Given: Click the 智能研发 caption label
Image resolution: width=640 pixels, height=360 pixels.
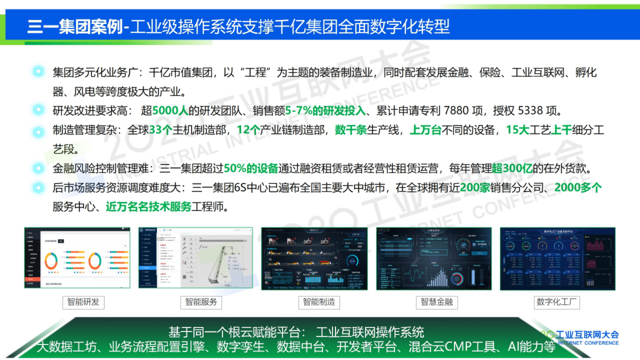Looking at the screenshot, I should click(x=83, y=302).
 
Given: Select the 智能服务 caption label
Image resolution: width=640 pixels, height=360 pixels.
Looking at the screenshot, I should click(x=201, y=302).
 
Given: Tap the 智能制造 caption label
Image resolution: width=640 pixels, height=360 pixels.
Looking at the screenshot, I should click(x=319, y=302).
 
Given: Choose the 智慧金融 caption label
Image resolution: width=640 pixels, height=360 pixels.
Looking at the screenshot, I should click(x=436, y=302).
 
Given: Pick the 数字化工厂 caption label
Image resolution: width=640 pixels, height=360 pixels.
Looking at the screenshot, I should click(x=557, y=302).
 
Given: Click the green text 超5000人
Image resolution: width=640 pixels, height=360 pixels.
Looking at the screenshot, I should click(x=165, y=111).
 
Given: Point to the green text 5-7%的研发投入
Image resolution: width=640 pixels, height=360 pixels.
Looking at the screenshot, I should click(x=325, y=111).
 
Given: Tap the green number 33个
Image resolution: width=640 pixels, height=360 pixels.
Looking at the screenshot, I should click(x=161, y=130).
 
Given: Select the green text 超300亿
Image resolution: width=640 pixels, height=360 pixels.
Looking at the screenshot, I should click(x=512, y=168).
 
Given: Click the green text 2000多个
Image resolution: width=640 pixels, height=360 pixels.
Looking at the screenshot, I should click(x=578, y=188).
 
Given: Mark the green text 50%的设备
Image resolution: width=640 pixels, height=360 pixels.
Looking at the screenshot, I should click(x=251, y=168).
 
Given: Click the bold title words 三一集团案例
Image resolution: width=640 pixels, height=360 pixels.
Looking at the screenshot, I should click(x=75, y=27).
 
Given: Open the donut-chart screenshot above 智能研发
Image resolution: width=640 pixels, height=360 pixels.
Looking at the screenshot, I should click(x=77, y=258).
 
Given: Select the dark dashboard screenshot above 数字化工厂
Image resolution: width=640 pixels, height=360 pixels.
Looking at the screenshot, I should click(x=557, y=259).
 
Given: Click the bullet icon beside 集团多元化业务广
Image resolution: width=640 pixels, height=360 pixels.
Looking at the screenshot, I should click(x=38, y=72).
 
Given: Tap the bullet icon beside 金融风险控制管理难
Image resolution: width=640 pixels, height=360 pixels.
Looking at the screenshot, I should click(x=38, y=168).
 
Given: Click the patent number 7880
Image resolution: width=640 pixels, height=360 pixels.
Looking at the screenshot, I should click(x=456, y=111).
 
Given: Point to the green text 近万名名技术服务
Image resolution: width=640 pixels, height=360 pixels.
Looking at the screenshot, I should click(x=148, y=207).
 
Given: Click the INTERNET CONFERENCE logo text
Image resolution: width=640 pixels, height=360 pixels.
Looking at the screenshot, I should click(x=588, y=343).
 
